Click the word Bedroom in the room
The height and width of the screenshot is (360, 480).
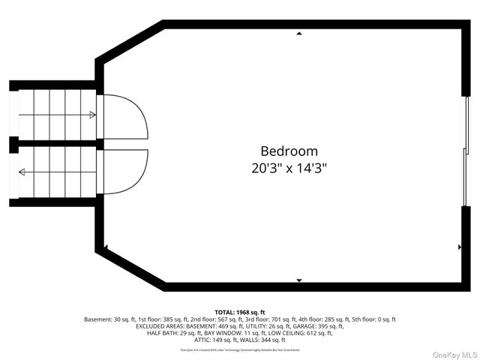click(289, 151)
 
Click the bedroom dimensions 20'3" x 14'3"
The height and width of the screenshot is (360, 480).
click(289, 168)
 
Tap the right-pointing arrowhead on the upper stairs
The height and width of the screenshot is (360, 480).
click(92, 115)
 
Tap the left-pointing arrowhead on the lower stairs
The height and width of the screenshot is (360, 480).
click(22, 172)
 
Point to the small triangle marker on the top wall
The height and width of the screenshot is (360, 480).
click(299, 34)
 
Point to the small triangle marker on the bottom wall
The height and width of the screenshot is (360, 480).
click(299, 280)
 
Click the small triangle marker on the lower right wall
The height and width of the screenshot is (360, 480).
click(459, 247)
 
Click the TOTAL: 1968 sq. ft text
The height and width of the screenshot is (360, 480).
click(240, 312)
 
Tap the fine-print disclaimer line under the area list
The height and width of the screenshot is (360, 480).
click(240, 349)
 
